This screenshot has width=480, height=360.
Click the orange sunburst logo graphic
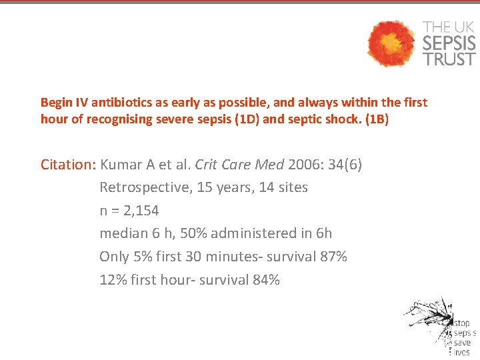pyautogui.click(x=392, y=43)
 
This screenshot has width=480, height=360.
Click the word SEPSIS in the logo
pyautogui.click(x=449, y=43)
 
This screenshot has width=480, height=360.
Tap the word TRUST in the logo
pyautogui.click(x=449, y=59)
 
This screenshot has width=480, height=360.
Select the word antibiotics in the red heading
pyautogui.click(x=120, y=103)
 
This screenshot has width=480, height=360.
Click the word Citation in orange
pyautogui.click(x=69, y=165)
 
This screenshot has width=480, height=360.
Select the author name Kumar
pyautogui.click(x=120, y=165)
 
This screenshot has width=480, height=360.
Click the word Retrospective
pyautogui.click(x=143, y=187)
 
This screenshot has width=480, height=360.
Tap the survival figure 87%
pyautogui.click(x=333, y=257)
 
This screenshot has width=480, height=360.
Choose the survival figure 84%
pyautogui.click(x=266, y=280)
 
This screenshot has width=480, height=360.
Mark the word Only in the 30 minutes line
pyautogui.click(x=113, y=257)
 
